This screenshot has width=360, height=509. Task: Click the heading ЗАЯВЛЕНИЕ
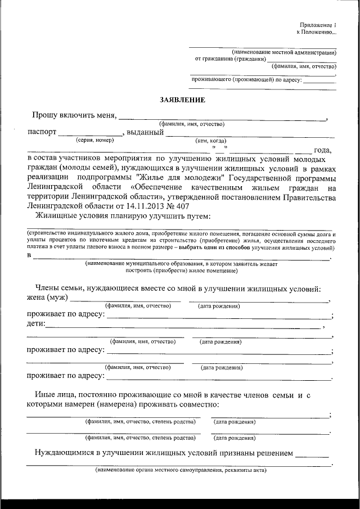(182, 100)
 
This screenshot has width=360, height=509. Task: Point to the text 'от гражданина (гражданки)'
(230, 58)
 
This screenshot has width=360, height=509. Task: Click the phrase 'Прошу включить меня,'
(74, 115)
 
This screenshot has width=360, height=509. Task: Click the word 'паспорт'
(42, 133)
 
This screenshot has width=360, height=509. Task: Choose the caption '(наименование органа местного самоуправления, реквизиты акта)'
(181, 470)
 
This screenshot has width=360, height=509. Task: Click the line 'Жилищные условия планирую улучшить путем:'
(123, 216)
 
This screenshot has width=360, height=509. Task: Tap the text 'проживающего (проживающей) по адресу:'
(247, 80)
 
